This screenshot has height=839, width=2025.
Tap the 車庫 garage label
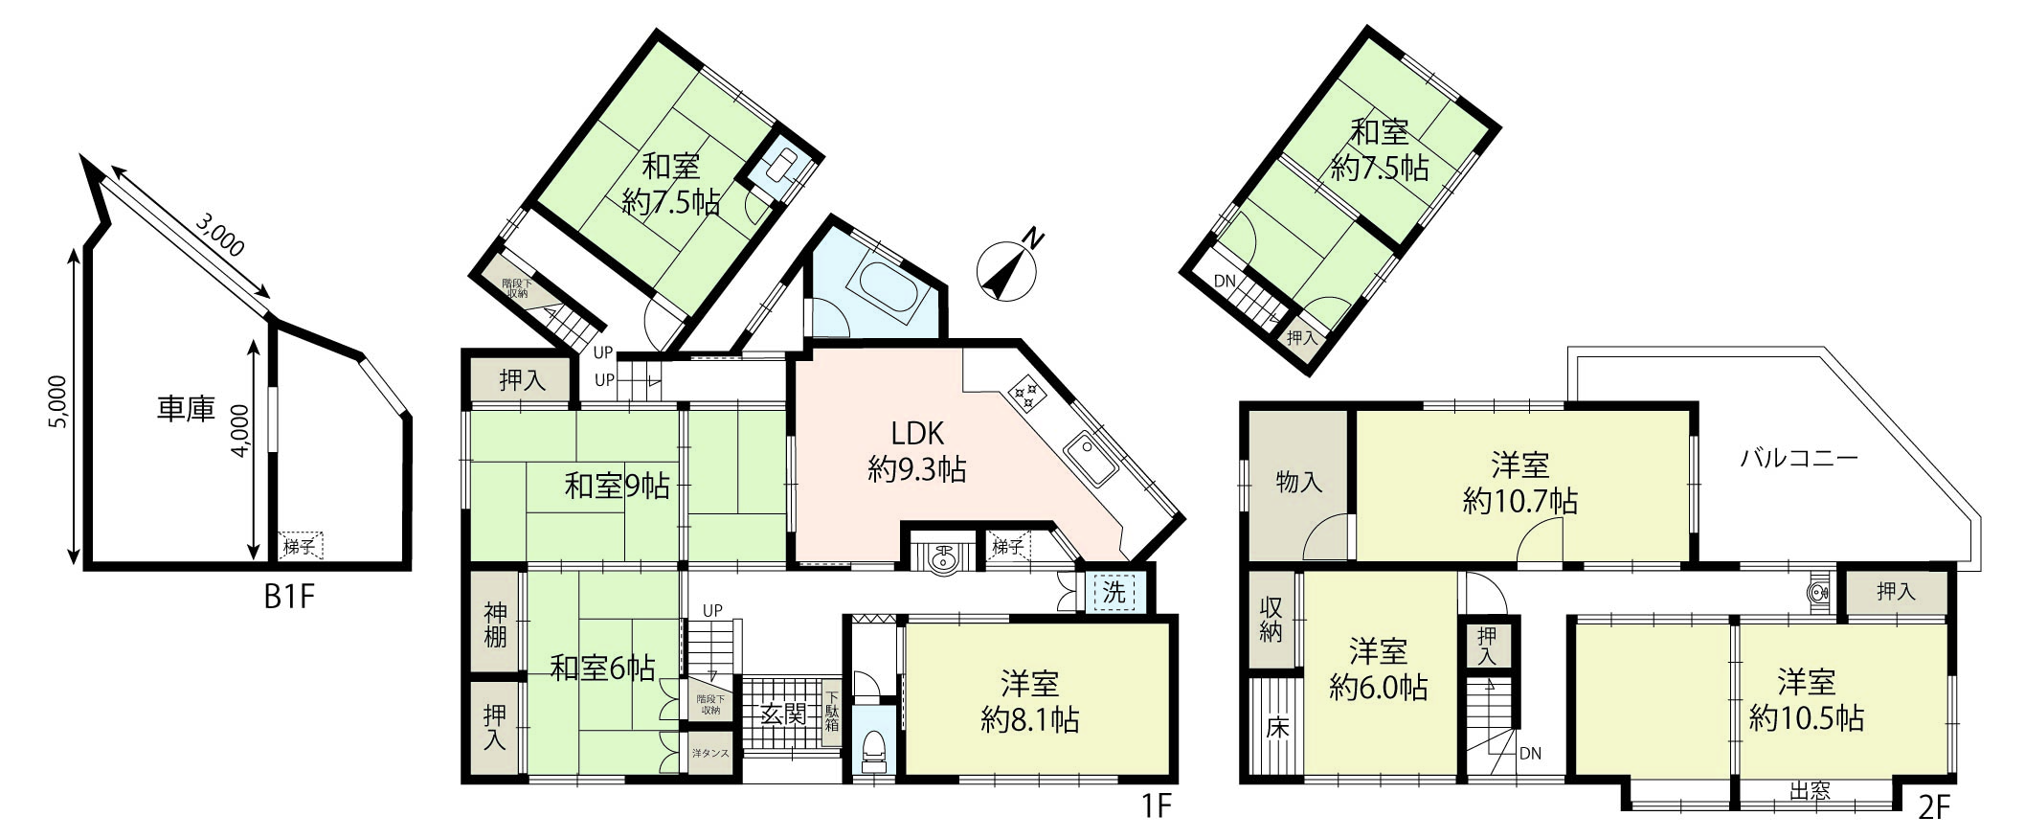[186, 410]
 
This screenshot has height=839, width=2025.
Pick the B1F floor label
[289, 597]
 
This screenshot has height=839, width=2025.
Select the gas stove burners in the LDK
[1026, 393]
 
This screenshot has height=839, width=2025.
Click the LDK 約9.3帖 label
[916, 450]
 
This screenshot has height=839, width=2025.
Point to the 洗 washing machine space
[1114, 593]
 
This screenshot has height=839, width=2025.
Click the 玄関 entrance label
[783, 714]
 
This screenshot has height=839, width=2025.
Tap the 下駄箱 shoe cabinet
[832, 713]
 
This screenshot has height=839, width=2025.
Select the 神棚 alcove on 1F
[495, 624]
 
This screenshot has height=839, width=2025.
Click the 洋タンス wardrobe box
[710, 754]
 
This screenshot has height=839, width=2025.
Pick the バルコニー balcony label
[1799, 458]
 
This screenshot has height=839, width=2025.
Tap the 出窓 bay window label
[1811, 791]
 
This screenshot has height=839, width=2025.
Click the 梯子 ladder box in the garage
[301, 547]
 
